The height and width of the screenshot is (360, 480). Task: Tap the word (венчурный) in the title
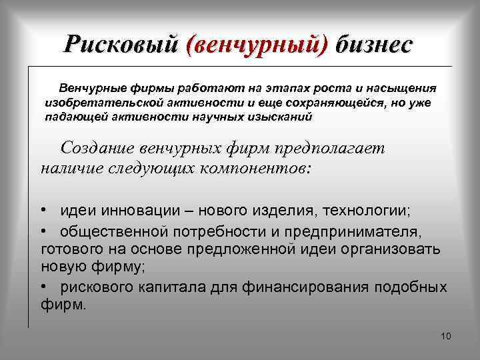tap(258, 44)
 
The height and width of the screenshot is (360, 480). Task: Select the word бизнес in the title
tap(375, 44)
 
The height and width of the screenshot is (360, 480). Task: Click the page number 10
tap(446, 335)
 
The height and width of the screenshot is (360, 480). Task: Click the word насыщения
tap(398, 88)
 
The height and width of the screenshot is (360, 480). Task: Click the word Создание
tap(99, 149)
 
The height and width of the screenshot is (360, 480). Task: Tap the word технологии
tap(367, 211)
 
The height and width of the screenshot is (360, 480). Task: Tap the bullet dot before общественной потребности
tap(42, 231)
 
